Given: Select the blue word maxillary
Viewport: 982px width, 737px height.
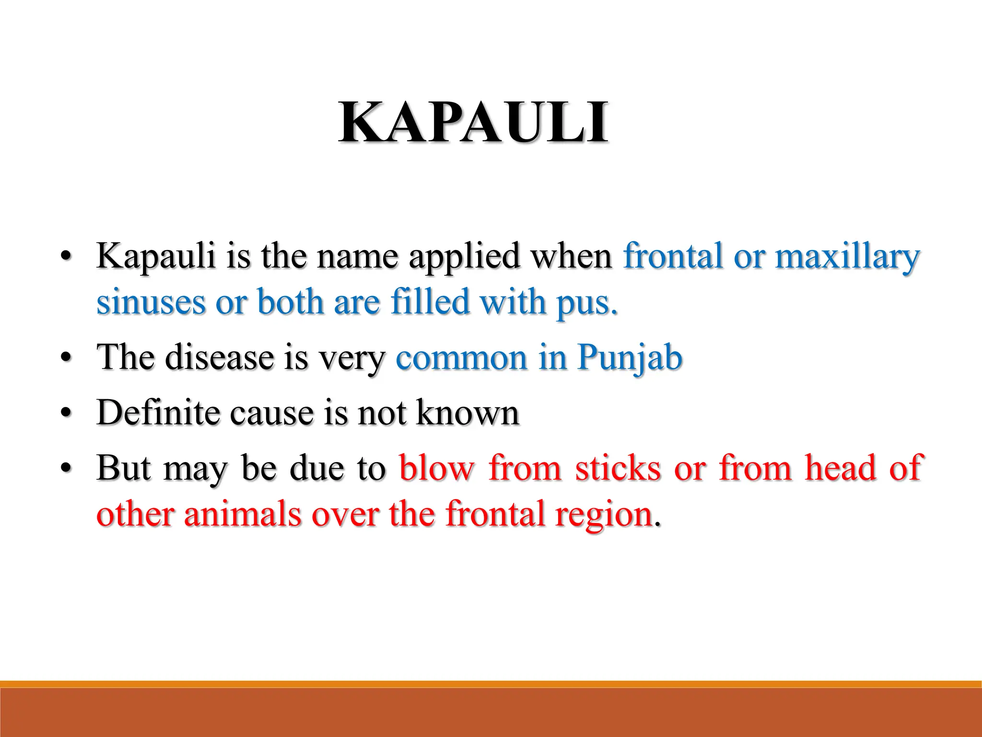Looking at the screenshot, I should click(847, 256).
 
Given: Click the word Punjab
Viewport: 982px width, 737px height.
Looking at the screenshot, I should click(630, 358).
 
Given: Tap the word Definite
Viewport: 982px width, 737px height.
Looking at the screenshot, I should click(158, 412).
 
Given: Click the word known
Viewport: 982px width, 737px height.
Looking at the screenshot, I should click(468, 412).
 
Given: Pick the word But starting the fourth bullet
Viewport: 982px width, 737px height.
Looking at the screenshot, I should click(124, 467).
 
